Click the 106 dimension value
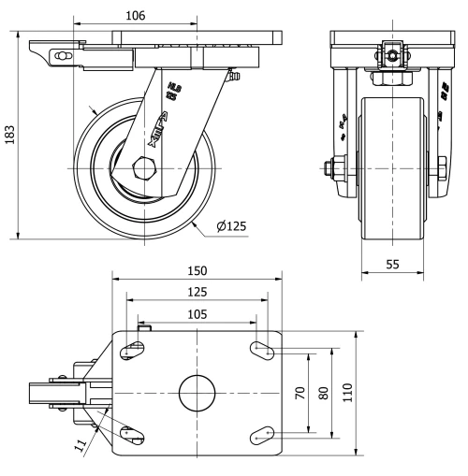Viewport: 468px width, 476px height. click(135, 15)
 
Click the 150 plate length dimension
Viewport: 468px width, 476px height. click(197, 270)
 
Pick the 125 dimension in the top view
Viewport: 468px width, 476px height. click(197, 293)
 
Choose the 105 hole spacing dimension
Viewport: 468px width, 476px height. click(197, 314)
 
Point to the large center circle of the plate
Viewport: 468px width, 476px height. click(197, 392)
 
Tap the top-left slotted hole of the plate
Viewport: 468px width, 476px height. click(132, 350)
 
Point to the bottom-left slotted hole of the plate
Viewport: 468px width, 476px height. click(132, 434)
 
